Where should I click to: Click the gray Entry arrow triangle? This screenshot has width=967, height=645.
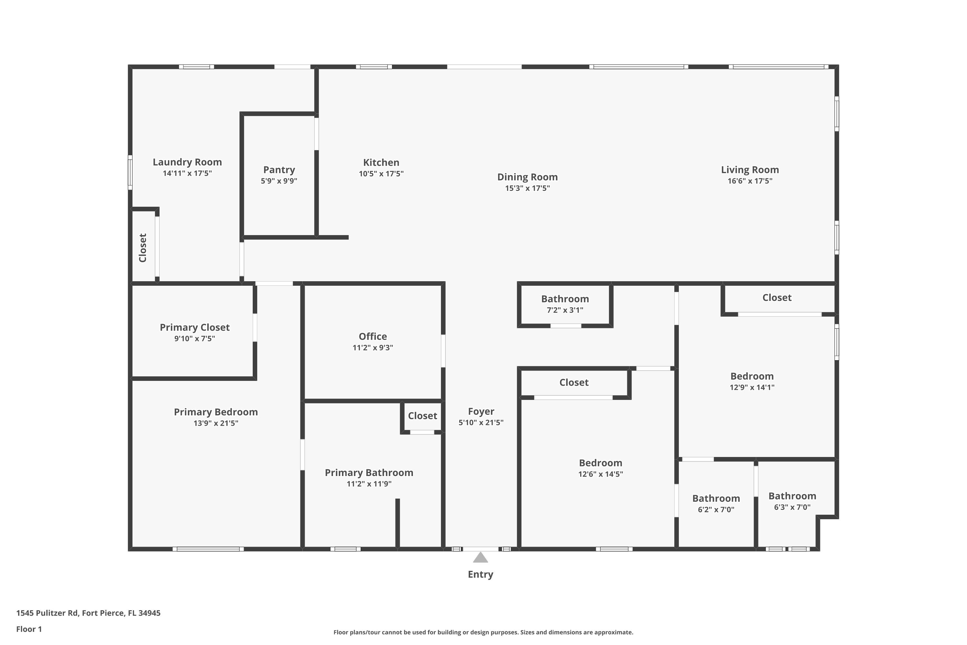480,558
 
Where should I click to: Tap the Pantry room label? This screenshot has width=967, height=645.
279,170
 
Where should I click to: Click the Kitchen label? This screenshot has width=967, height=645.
381,163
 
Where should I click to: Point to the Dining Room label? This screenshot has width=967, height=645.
527,177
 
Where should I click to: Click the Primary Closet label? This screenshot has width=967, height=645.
194,327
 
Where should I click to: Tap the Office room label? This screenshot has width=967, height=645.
373,336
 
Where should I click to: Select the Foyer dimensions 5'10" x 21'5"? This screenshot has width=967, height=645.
481,422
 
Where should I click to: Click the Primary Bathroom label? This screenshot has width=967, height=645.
369,473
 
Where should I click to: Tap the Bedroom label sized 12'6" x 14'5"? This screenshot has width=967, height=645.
600,463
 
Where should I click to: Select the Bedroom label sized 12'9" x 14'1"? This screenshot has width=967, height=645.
752,376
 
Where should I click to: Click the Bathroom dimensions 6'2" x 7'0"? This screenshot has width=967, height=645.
716,510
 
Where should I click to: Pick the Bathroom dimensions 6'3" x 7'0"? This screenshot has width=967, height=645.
792,507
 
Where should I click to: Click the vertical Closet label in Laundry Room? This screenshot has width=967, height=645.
143,248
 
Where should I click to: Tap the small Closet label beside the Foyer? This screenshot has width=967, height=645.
422,416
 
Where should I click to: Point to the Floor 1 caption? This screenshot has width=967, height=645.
29,629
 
